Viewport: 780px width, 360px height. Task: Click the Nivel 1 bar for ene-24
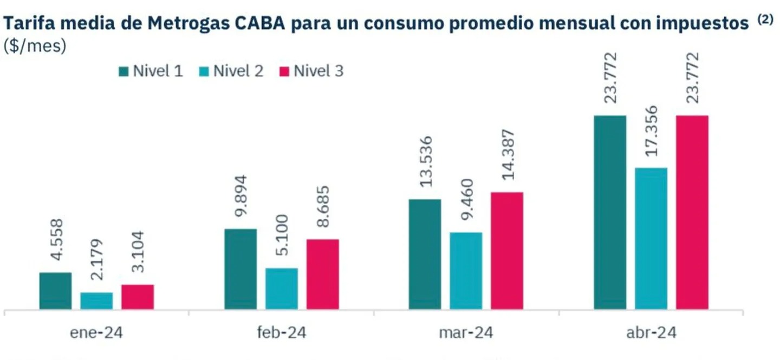(55, 291)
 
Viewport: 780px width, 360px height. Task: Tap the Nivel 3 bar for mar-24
(507, 251)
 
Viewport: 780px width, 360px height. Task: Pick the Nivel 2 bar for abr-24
(651, 239)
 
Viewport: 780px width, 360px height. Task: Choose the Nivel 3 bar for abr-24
(692, 212)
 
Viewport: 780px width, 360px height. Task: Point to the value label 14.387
(508, 158)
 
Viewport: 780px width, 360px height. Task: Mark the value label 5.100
(281, 238)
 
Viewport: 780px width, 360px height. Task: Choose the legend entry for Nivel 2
(232, 71)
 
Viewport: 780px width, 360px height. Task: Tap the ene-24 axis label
(96, 332)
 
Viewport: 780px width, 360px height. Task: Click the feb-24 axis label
(281, 332)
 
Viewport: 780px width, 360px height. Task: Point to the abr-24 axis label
(651, 332)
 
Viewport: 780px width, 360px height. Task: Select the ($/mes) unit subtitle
(35, 47)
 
